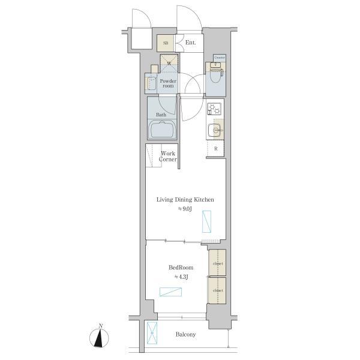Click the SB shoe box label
tap(165, 43)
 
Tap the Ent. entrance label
tap(191, 43)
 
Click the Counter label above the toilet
tap(219, 58)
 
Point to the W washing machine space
tap(169, 63)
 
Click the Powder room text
tap(168, 83)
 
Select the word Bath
tap(161, 114)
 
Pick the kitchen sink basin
tap(215, 129)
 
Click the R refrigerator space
tap(215, 149)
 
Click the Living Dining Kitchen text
tap(185, 199)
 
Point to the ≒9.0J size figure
tap(184, 209)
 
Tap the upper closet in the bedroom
tap(217, 262)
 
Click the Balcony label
tap(185, 335)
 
